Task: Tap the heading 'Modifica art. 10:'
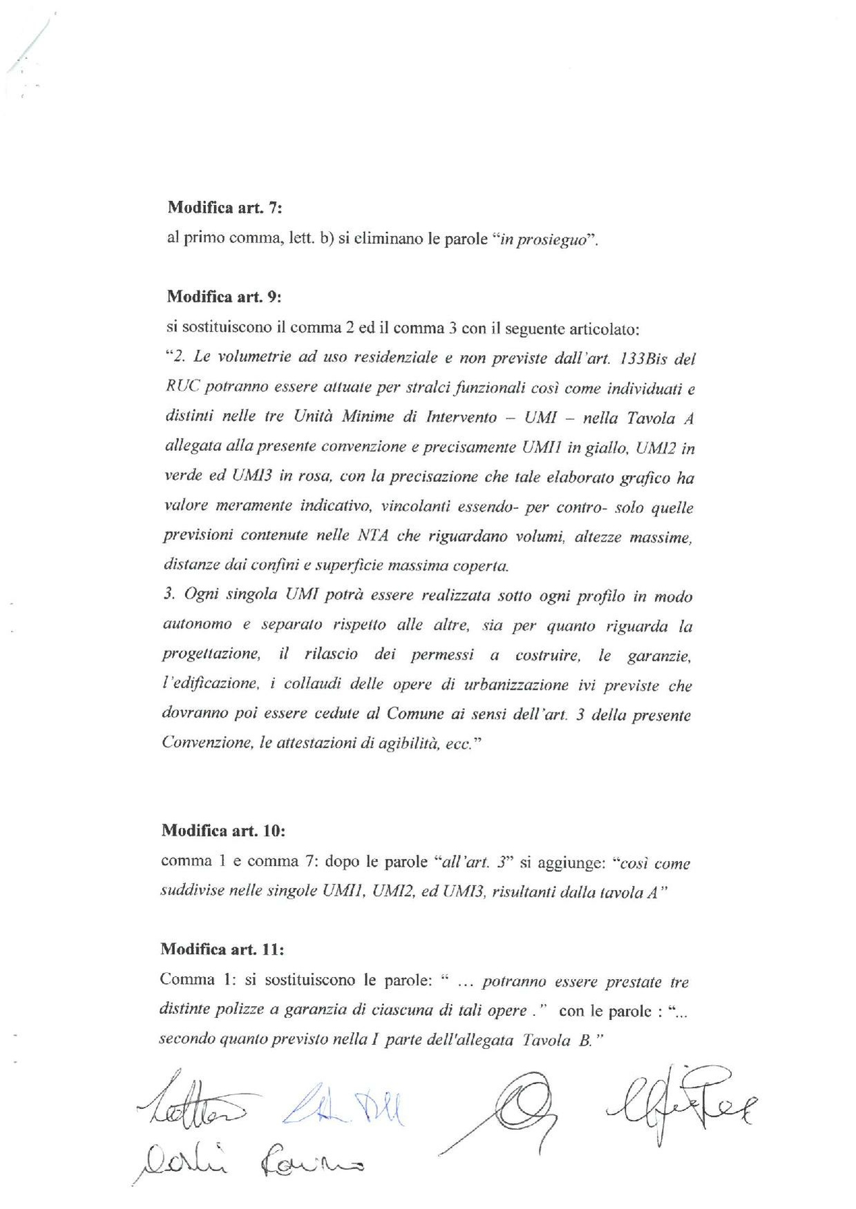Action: click(x=223, y=830)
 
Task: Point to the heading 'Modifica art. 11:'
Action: click(x=222, y=949)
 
